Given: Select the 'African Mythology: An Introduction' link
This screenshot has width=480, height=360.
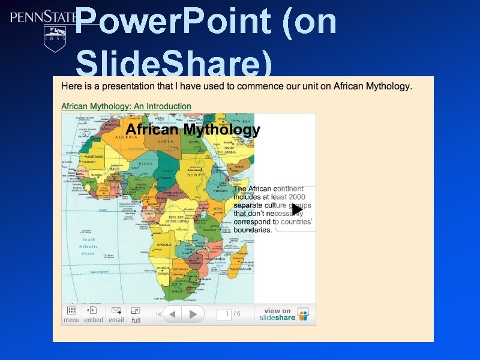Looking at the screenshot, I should (x=126, y=107).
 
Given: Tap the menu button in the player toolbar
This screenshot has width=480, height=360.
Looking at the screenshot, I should (x=71, y=314).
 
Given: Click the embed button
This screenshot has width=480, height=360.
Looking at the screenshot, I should (x=93, y=314).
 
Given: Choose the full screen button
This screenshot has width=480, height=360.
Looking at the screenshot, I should (x=136, y=314).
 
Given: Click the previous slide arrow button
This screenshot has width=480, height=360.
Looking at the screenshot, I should (x=172, y=314).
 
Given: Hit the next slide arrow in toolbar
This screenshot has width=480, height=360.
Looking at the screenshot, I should (x=193, y=314).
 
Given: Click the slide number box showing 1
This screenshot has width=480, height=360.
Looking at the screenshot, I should (x=224, y=314).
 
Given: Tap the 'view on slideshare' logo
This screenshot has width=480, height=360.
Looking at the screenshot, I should (x=284, y=314).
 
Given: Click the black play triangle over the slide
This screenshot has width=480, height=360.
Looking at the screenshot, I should (x=297, y=209).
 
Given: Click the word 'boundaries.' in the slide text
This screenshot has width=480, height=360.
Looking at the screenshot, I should (x=253, y=230).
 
